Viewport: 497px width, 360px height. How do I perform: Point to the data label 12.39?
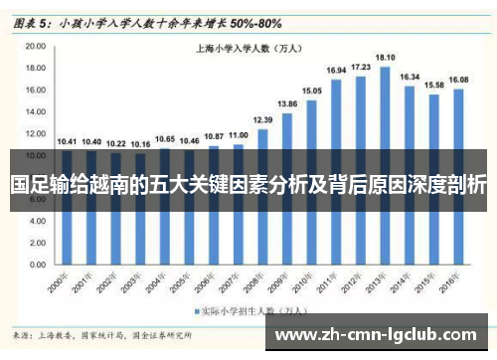pos(262,119)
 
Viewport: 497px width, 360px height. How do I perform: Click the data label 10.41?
pos(67,141)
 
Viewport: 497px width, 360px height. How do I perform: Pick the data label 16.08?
pos(458,79)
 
